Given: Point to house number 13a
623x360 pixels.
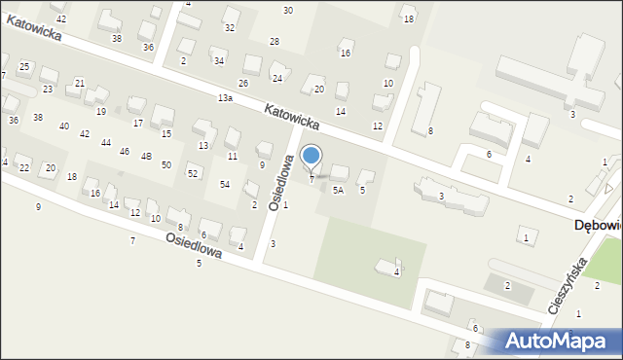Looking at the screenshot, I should click(226, 98).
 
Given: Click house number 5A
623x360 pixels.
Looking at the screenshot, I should click(338, 191).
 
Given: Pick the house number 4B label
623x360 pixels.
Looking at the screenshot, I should click(146, 156).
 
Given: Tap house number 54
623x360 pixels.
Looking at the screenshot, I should click(225, 184).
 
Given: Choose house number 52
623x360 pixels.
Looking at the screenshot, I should click(193, 173).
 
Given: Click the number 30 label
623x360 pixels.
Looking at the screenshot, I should click(288, 10).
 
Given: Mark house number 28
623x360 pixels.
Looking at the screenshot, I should click(275, 41).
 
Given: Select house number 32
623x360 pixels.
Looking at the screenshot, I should click(230, 27).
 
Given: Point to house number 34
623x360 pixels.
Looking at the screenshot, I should click(219, 61).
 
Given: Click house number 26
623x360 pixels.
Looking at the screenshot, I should click(243, 83).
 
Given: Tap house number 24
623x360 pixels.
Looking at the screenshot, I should click(277, 78).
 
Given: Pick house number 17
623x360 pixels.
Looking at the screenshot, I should click(138, 123).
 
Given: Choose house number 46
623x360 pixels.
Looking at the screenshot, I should click(125, 152).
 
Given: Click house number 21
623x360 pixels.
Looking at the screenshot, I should click(80, 83).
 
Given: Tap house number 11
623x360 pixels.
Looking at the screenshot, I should click(232, 156).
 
